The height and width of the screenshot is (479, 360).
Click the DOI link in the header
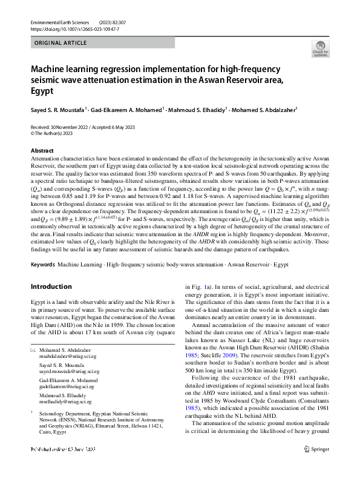[68, 28]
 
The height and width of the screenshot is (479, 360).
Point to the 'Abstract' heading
[42, 151]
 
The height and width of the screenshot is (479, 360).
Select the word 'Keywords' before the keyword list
[42, 265]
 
